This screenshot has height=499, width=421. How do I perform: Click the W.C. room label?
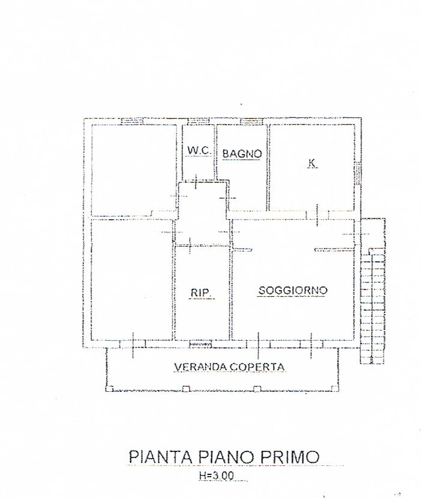click(198, 150)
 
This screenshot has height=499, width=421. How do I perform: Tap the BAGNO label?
click(242, 154)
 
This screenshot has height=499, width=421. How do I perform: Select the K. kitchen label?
click(312, 163)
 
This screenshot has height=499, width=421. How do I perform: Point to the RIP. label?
click(200, 293)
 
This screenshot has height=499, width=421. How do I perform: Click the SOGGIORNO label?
click(292, 291)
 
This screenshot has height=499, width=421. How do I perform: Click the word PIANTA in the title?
click(160, 456)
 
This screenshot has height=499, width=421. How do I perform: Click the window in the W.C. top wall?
click(198, 121)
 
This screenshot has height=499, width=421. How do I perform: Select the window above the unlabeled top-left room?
click(131, 121)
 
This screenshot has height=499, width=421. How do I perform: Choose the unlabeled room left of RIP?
click(131, 280)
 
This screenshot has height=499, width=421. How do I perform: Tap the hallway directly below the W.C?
click(201, 214)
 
